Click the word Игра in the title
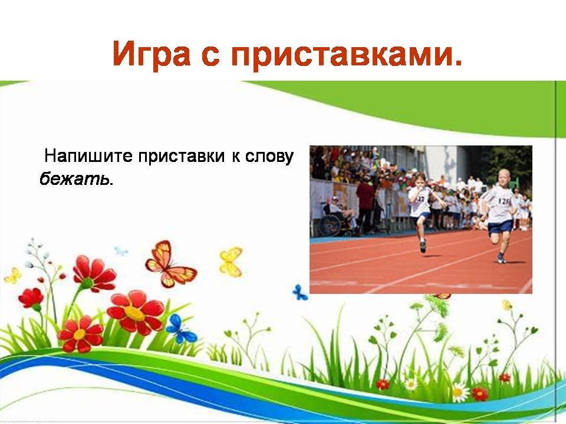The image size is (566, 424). [152, 54]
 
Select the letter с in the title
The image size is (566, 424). [211, 57]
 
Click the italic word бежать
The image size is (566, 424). [74, 178]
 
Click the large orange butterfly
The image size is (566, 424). [169, 264]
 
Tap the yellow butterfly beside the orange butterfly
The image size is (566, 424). [231, 261]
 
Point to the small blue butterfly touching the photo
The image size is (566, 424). [300, 293]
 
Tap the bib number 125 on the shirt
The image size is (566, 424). [504, 201]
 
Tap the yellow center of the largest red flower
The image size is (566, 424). [134, 313]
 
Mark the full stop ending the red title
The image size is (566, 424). [458, 63]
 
